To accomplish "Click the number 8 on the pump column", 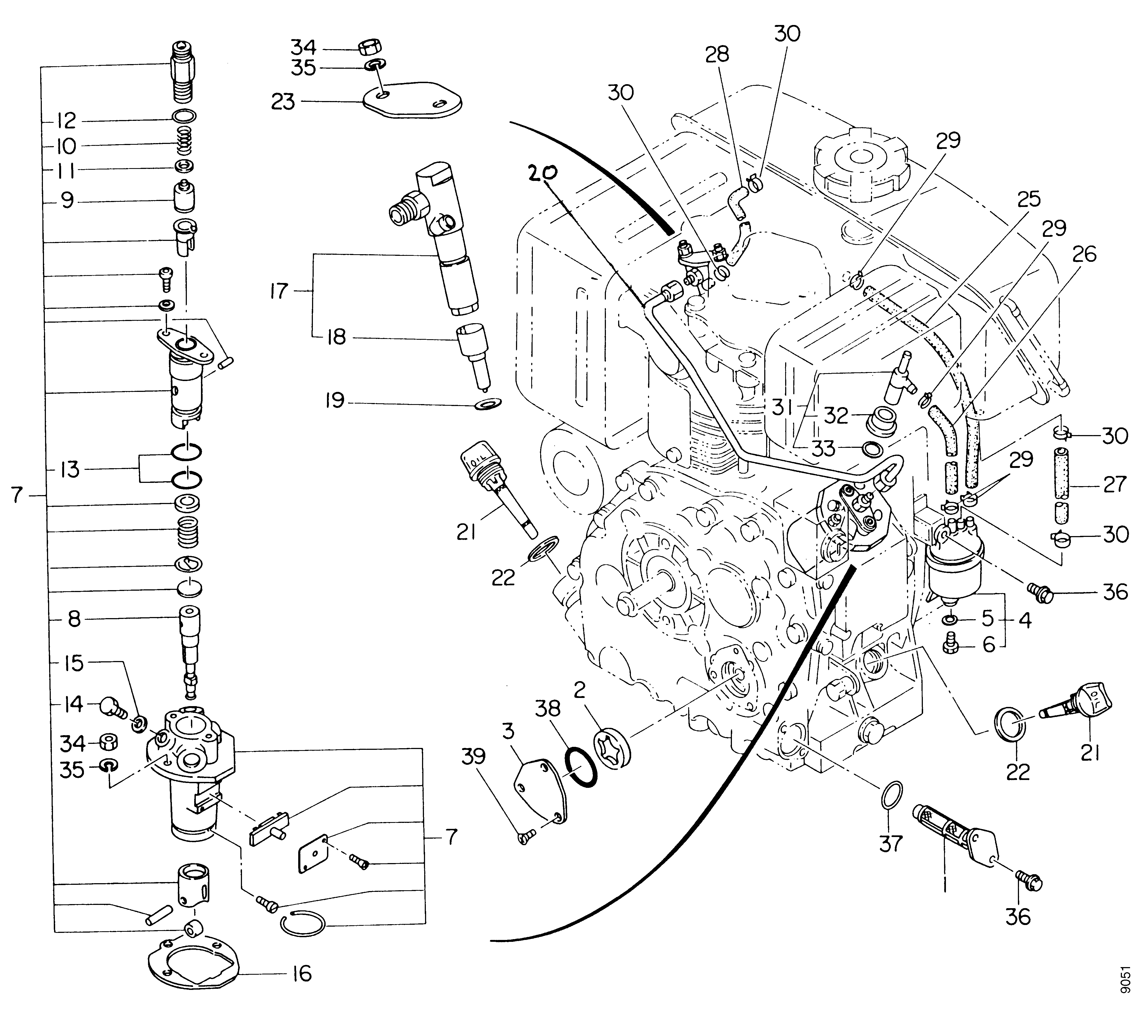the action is point(74,619).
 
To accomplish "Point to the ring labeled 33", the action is point(870,449).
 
